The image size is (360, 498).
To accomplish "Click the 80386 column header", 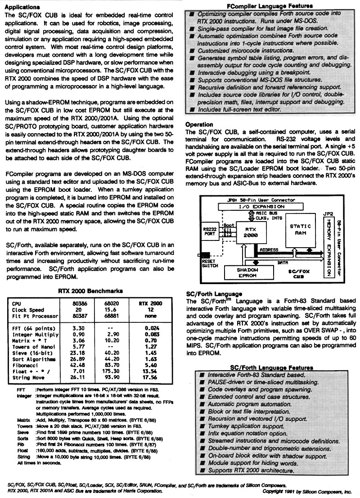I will [x=79, y=303].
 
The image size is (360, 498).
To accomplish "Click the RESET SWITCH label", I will [x=209, y=263].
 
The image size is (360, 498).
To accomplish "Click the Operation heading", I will [x=200, y=124].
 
